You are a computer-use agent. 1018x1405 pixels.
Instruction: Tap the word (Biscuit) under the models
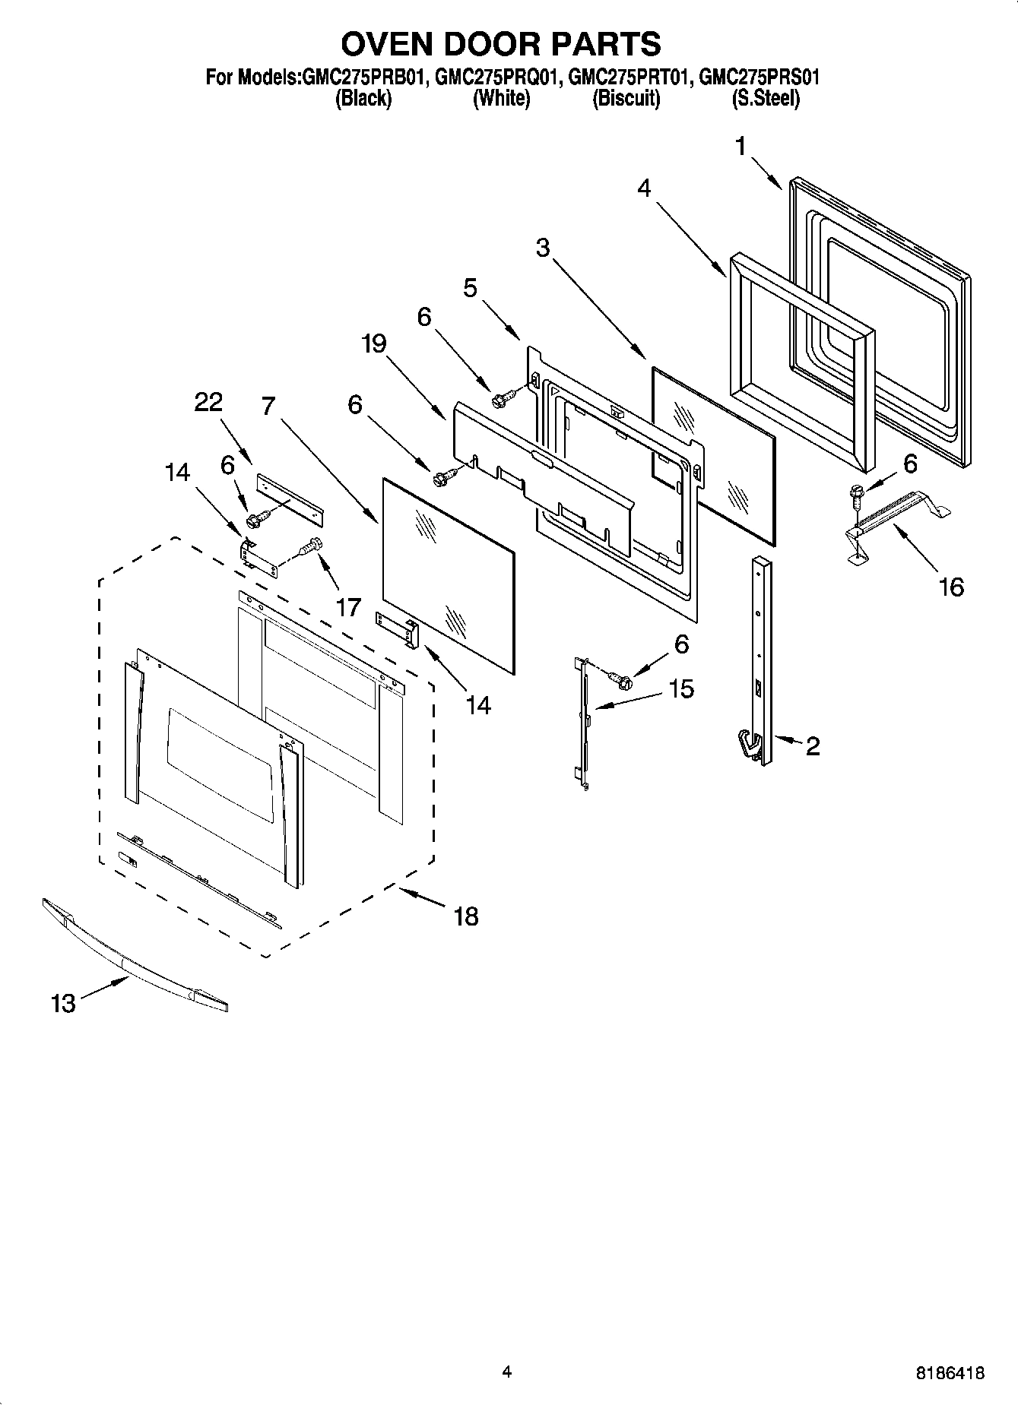626,99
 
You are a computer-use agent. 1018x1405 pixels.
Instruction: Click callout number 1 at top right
741,146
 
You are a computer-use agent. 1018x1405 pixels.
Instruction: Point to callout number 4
644,188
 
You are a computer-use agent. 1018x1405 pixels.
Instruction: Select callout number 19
373,343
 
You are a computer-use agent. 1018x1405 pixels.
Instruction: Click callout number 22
208,402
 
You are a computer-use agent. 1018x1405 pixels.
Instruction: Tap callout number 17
348,607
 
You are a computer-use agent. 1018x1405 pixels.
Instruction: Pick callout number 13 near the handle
64,1004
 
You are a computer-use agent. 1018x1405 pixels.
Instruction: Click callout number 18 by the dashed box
466,916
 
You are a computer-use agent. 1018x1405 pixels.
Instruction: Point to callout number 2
813,746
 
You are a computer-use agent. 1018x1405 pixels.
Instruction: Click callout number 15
681,688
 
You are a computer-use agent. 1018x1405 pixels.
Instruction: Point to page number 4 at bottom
506,1372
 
